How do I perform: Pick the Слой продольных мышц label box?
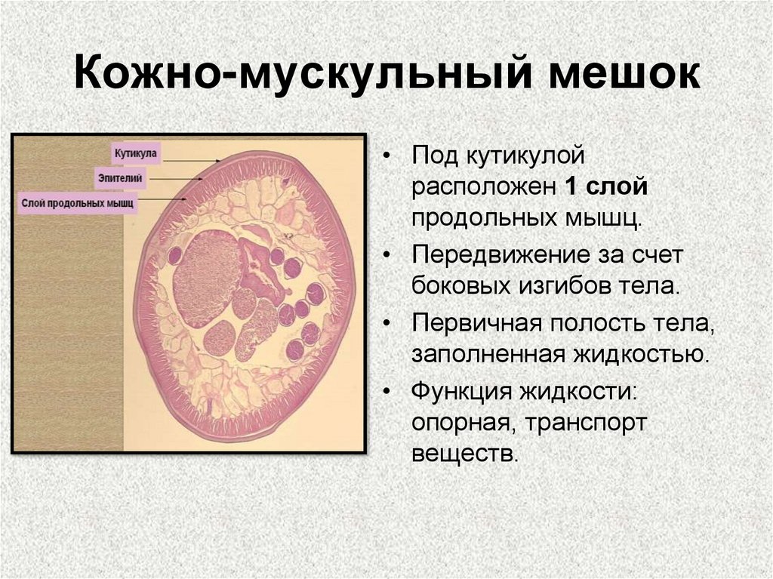[77, 203]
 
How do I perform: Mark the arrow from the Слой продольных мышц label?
[163, 199]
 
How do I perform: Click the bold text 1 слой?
[604, 187]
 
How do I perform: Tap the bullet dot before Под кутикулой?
[387, 159]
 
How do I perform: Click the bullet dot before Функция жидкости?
[387, 393]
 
